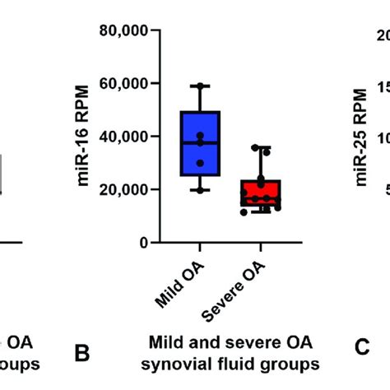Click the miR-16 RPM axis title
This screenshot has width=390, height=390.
pyautogui.click(x=85, y=137)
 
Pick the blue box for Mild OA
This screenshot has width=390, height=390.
pyautogui.click(x=200, y=144)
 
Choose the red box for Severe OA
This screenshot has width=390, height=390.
pyautogui.click(x=261, y=194)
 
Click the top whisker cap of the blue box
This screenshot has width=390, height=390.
pyautogui.click(x=200, y=86)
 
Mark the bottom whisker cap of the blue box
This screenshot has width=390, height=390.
pyautogui.click(x=200, y=191)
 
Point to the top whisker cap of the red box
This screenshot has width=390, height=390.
pyautogui.click(x=261, y=147)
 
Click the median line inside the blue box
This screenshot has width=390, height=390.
pyautogui.click(x=200, y=143)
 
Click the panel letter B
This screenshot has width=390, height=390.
pyautogui.click(x=81, y=353)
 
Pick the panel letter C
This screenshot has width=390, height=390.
pyautogui.click(x=362, y=348)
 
